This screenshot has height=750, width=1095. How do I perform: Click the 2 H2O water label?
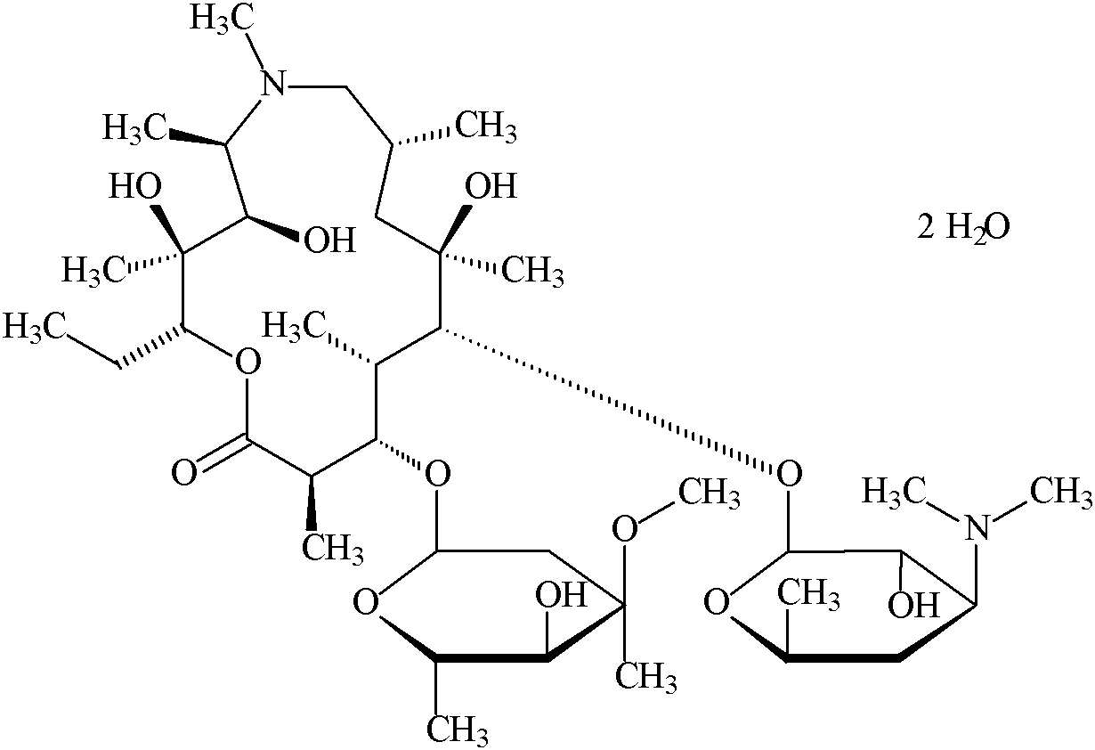pos(963,228)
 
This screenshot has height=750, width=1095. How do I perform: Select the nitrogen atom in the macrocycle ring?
pos(276,86)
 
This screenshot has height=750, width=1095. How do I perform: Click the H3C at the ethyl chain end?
pos(36,326)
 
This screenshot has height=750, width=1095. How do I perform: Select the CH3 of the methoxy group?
pos(709,493)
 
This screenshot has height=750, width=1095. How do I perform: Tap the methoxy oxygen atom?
pos(626,529)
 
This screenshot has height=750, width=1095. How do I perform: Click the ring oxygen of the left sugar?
pos(365,603)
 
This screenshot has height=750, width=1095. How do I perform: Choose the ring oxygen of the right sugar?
pos(718,603)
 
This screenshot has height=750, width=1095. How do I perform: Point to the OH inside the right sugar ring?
pos(914,606)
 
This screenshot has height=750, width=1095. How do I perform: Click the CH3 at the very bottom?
pos(455,730)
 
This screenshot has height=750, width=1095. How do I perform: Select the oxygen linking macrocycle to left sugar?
pos(436,472)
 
